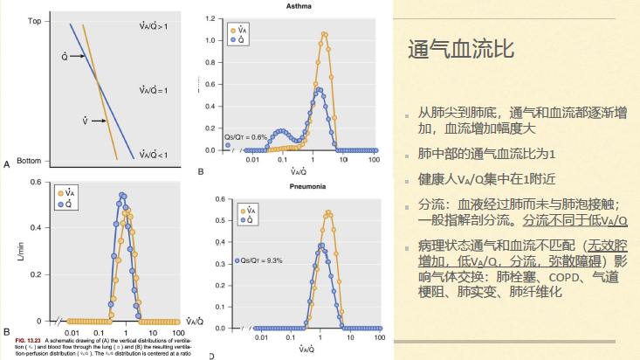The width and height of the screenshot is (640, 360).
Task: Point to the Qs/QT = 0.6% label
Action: (245, 136)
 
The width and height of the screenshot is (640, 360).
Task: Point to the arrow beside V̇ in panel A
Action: (98, 121)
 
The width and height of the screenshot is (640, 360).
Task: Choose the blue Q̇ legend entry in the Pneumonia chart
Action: (247, 221)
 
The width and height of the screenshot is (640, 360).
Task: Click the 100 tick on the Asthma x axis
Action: (374, 161)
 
